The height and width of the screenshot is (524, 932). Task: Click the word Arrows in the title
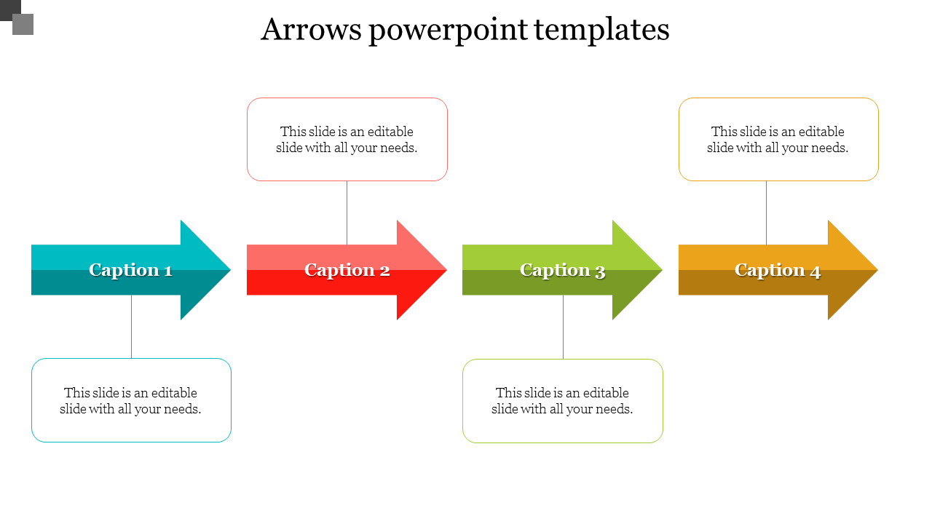click(311, 30)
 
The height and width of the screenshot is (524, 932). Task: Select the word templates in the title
click(601, 30)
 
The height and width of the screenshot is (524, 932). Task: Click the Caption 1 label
click(130, 270)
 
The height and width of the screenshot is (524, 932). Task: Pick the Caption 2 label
click(347, 270)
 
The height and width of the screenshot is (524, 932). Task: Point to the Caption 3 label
click(563, 270)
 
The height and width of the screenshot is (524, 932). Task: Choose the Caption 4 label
click(778, 270)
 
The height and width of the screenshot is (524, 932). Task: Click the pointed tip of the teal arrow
click(231, 270)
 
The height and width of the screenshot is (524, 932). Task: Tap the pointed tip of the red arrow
click(447, 270)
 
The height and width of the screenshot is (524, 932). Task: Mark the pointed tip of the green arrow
click(662, 270)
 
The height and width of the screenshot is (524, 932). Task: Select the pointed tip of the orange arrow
click(878, 270)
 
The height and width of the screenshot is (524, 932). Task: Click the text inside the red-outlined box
click(347, 140)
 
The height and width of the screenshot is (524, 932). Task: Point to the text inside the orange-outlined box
click(778, 140)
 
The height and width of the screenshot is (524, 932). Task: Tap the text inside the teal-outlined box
click(130, 401)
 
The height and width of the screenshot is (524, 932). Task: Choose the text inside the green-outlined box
click(562, 401)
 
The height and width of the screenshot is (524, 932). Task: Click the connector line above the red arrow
click(347, 213)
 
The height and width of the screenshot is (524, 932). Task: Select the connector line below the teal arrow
click(132, 327)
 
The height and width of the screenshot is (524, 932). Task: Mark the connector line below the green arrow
click(564, 327)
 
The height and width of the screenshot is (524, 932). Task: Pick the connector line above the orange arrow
click(767, 213)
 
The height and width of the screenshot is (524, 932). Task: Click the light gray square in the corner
click(23, 25)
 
